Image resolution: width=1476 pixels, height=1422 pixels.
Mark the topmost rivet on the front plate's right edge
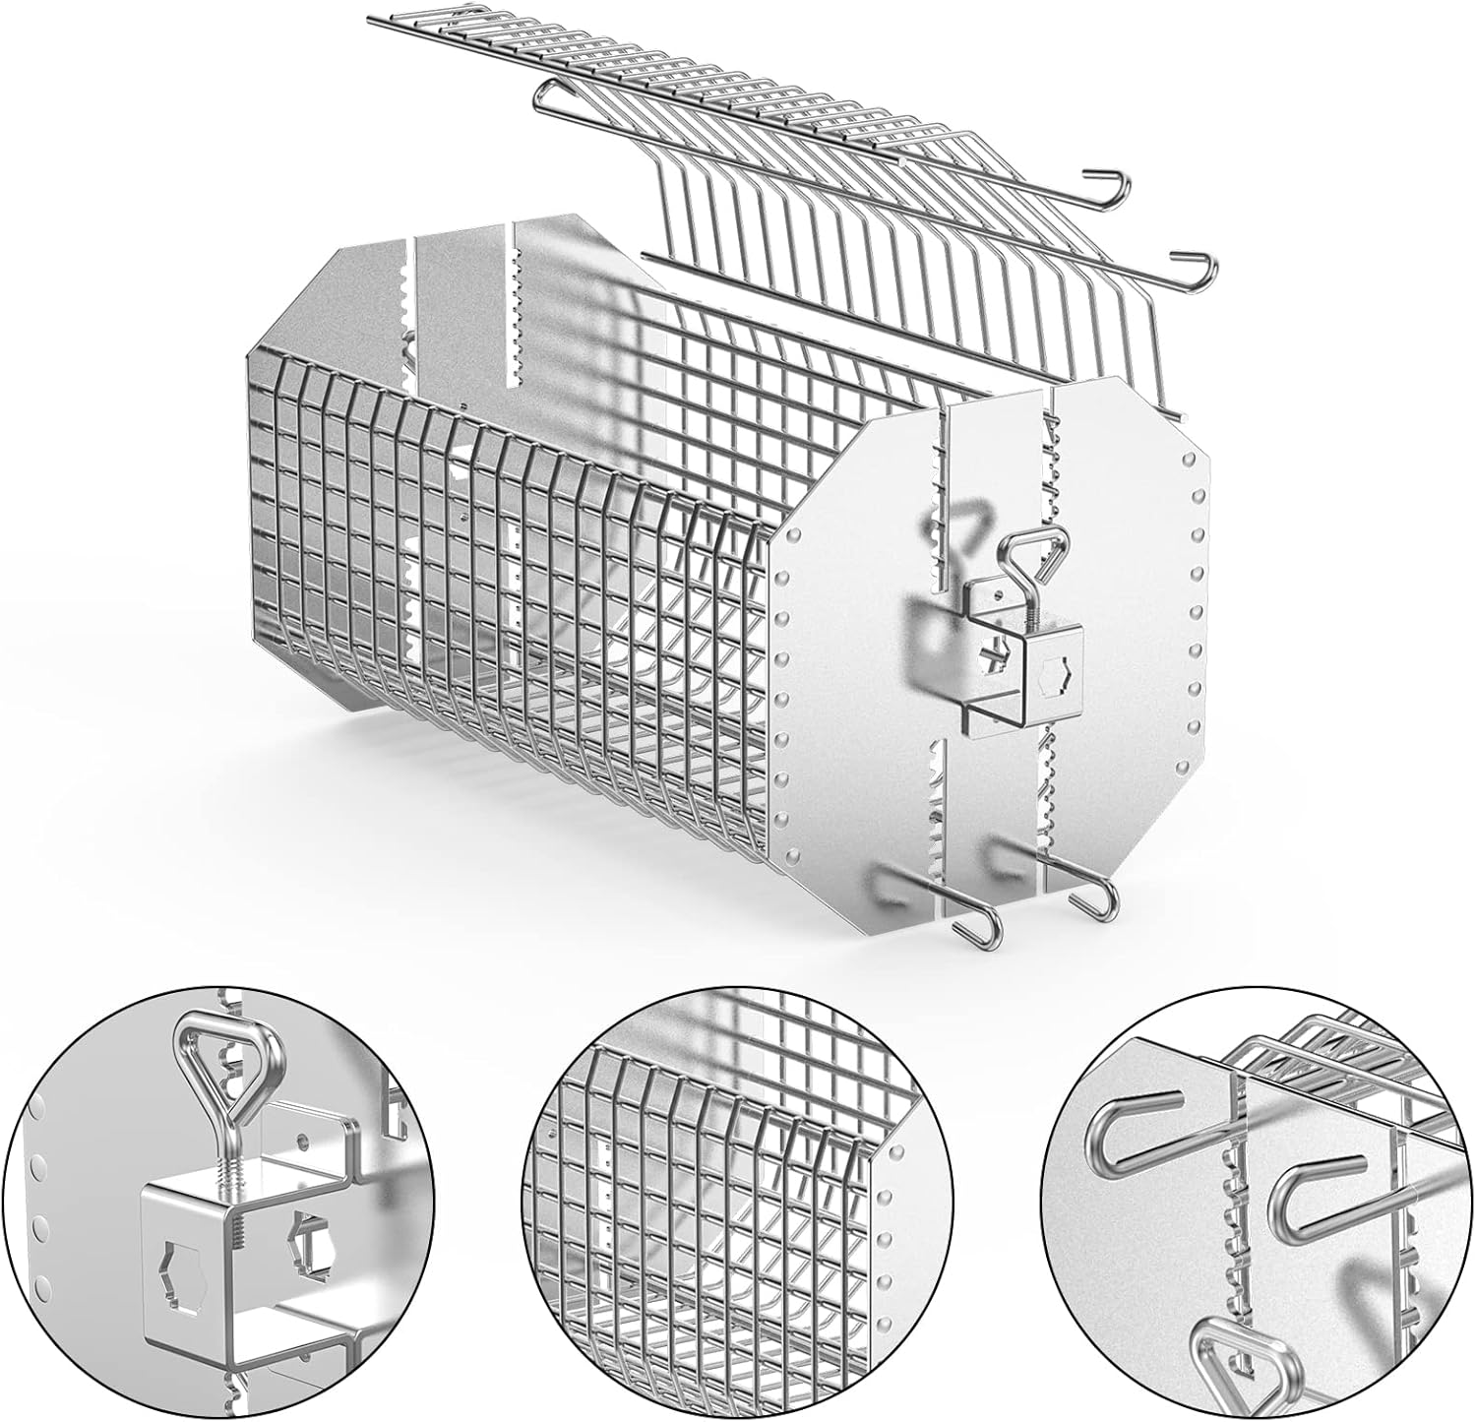(1193, 459)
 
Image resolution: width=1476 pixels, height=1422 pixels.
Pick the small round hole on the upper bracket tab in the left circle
(302, 1138)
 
